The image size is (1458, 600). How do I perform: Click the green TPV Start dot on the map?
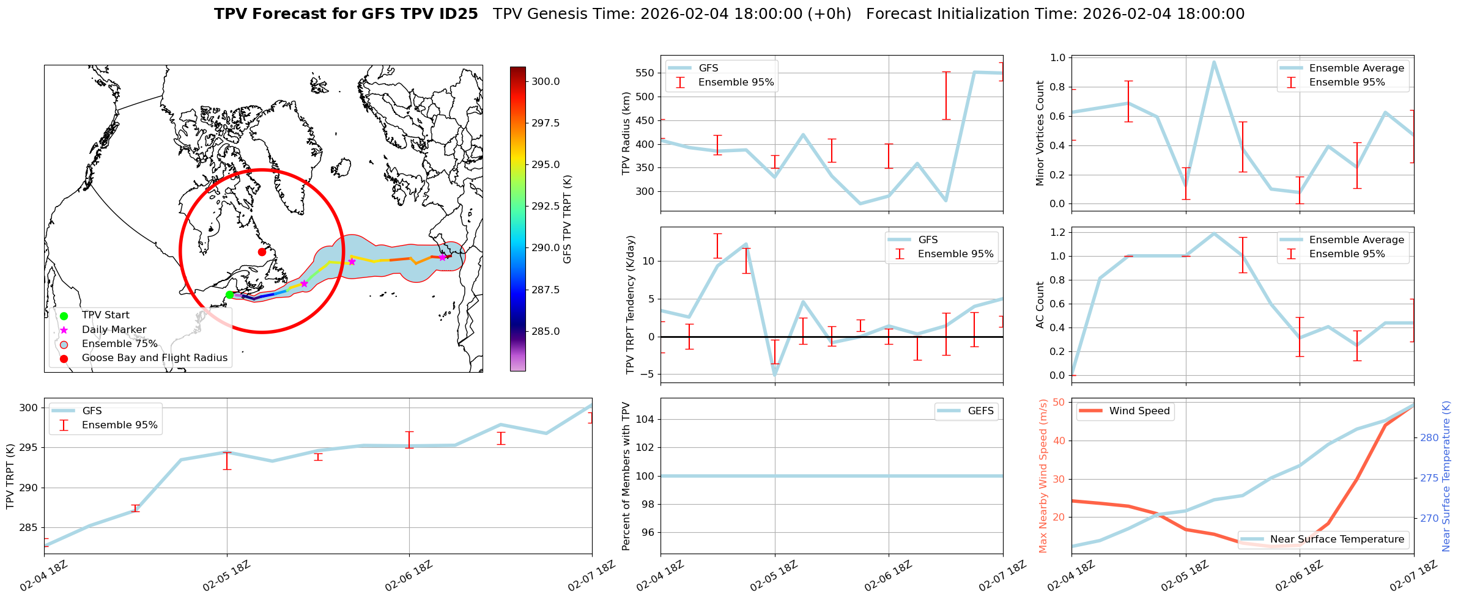click(229, 295)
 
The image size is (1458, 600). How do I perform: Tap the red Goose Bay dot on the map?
click(262, 252)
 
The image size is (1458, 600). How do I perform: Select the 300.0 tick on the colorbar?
click(545, 82)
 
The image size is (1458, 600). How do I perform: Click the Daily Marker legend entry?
click(114, 330)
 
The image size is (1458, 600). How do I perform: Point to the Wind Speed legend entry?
click(1139, 411)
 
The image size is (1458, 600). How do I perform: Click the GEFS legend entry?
click(980, 411)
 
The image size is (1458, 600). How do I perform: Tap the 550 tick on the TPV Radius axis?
click(646, 73)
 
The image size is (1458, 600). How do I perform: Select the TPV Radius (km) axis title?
click(626, 133)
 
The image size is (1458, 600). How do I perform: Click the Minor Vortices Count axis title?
click(1040, 133)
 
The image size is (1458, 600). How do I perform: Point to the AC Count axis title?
click(1040, 305)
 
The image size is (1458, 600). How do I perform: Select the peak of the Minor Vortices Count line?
click(1214, 62)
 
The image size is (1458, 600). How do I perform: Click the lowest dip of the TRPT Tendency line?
click(775, 375)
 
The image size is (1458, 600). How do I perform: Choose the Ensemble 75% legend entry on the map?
click(119, 344)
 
